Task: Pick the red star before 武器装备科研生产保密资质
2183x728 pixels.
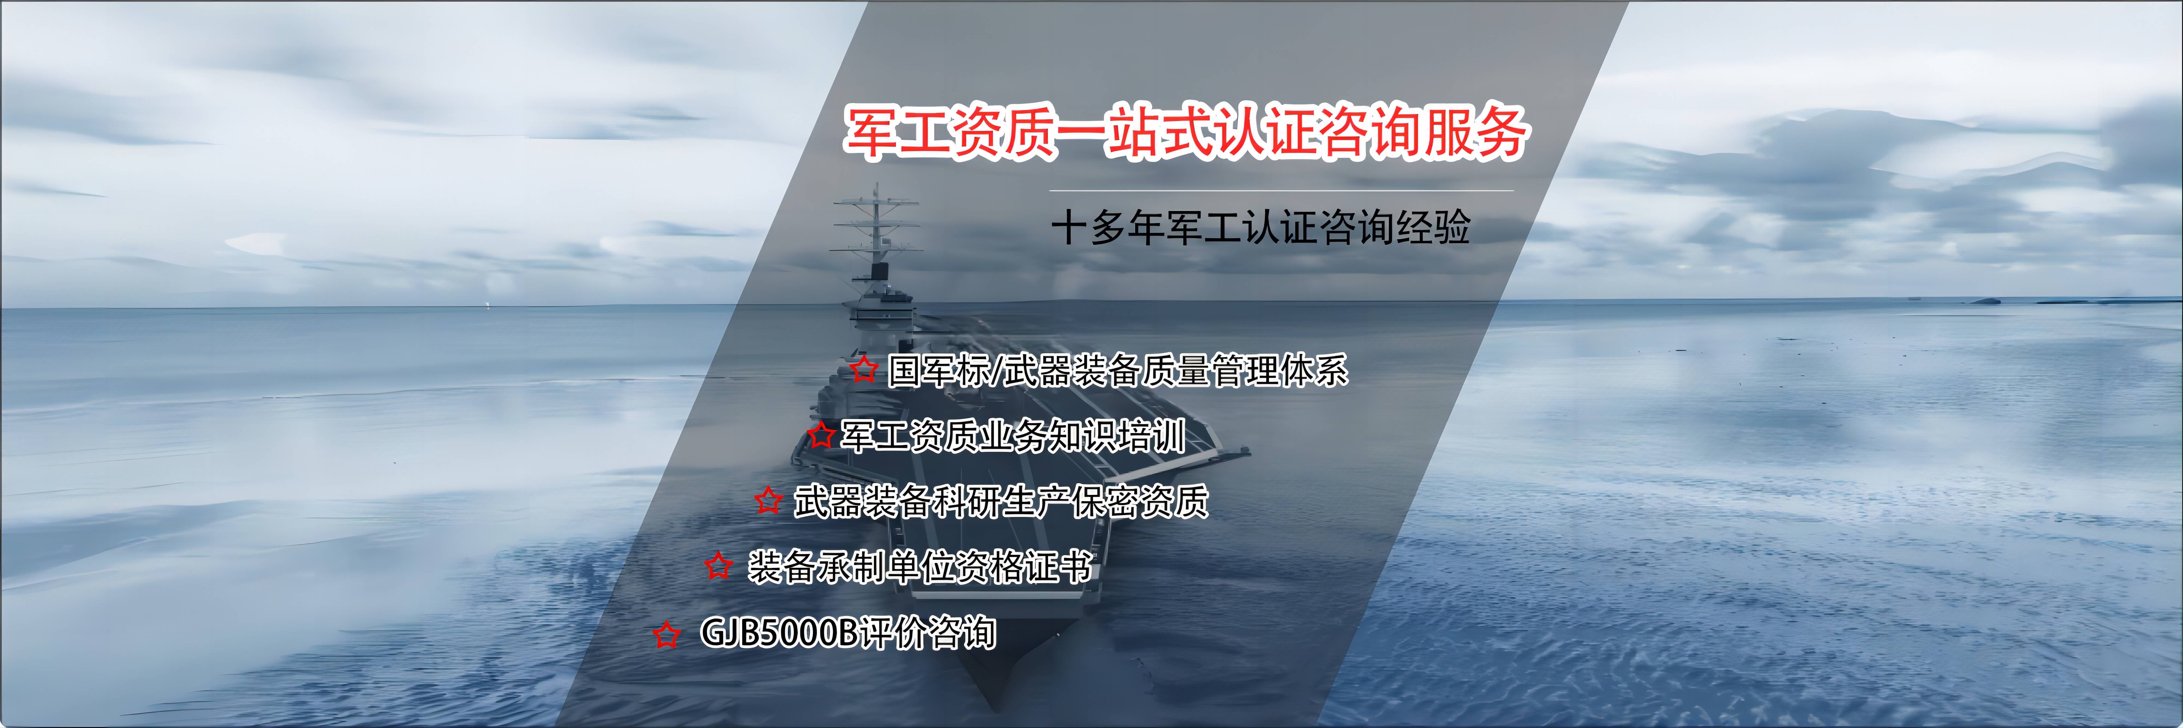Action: [x=769, y=500]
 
